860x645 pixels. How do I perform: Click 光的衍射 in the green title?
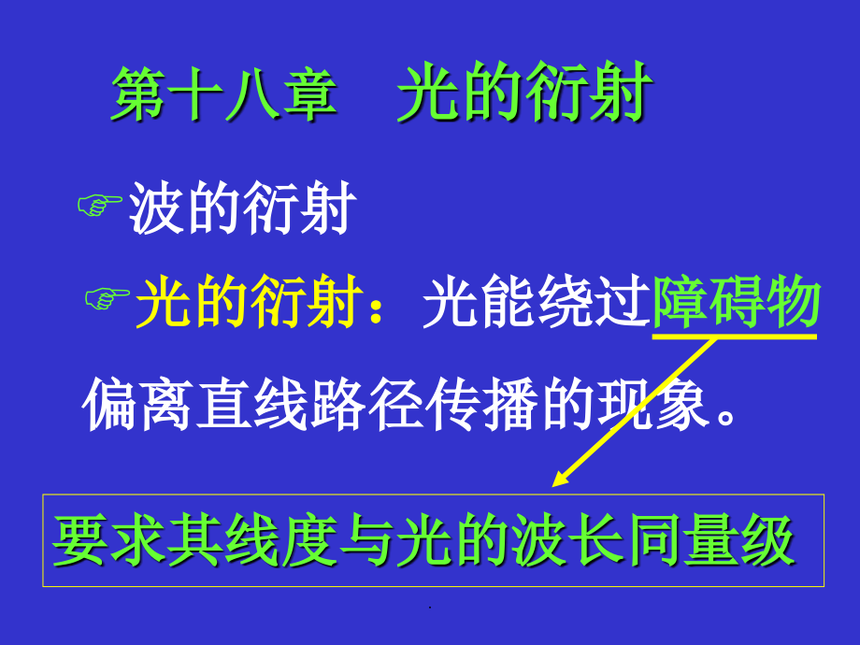point(523,95)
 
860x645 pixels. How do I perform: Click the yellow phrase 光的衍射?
point(248,303)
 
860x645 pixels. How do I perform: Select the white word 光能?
point(479,303)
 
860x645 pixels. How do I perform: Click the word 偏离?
point(138,406)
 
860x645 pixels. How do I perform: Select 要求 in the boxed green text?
point(109,540)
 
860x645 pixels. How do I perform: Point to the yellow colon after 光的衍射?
point(390,308)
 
